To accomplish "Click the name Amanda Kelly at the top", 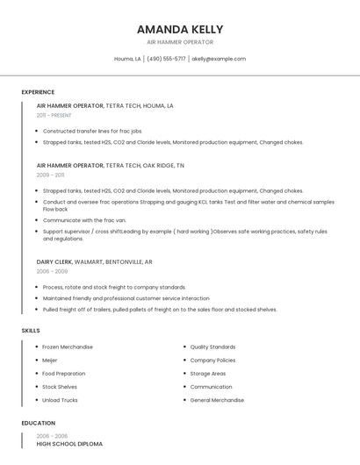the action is [180, 29].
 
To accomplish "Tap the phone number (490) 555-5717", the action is [166, 59].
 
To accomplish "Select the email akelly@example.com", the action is [219, 59].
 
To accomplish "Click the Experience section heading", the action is [38, 92].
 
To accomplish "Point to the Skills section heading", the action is [31, 330].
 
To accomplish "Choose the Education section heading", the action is [38, 423].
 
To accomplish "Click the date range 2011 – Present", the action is [54, 115].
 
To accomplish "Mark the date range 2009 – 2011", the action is [50, 175].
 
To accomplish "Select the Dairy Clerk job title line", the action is [94, 261].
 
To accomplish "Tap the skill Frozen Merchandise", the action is [68, 347].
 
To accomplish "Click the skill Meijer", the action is [51, 360].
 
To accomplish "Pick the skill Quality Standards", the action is [212, 347].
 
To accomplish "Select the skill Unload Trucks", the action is [60, 400].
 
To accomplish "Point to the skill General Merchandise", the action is [218, 400].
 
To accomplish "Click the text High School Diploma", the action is [69, 444].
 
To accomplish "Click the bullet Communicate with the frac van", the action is [84, 220].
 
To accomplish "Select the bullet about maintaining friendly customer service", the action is [126, 298].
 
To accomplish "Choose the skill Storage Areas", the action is [207, 373].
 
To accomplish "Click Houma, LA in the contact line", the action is [127, 59].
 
